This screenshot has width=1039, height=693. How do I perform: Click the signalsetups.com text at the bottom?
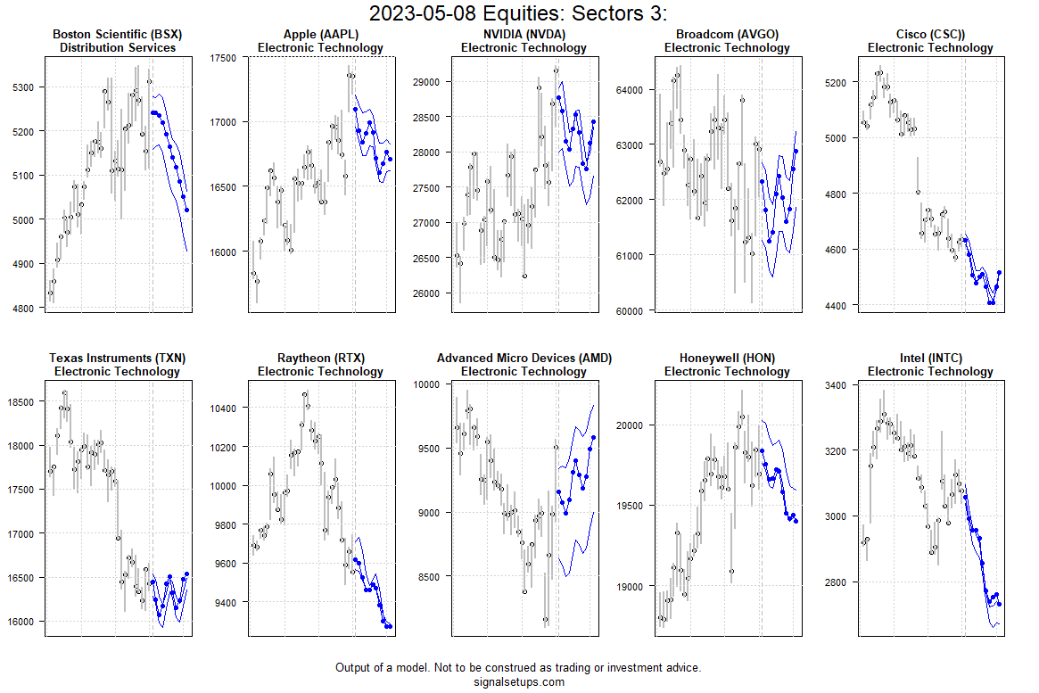(518, 682)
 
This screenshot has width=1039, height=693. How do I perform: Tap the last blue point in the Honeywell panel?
(796, 521)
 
